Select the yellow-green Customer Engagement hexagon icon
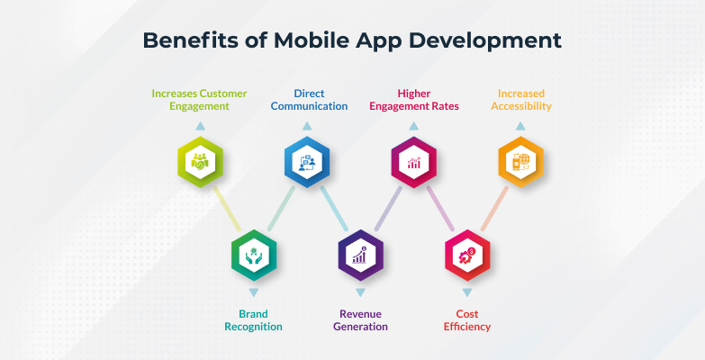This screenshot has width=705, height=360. [200, 162]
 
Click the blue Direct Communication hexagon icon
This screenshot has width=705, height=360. [306, 162]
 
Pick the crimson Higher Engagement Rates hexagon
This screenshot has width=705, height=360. [413, 162]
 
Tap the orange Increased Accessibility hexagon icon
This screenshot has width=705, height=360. [520, 162]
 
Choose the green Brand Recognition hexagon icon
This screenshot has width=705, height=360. [253, 256]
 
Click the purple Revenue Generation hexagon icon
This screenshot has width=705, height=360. [360, 256]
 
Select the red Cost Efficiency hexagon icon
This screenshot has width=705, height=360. [467, 256]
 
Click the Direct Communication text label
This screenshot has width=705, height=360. [308, 99]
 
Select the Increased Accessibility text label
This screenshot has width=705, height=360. [521, 99]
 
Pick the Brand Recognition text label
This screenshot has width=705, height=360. [253, 319]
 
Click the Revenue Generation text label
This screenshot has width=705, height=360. [360, 319]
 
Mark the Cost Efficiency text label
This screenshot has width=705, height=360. [467, 319]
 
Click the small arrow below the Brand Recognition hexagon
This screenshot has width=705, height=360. [253, 293]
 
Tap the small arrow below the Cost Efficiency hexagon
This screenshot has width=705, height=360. [467, 293]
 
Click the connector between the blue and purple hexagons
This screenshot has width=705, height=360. [334, 209]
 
